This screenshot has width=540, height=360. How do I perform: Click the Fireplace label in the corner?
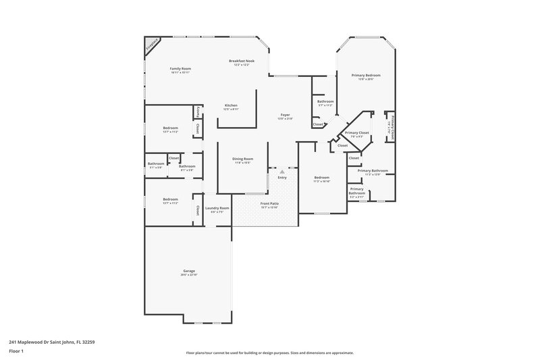(x=153, y=45)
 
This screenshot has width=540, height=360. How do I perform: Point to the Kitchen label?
(x=231, y=106)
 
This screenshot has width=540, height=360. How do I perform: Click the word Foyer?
(x=286, y=115)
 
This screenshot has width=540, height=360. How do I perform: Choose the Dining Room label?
(x=242, y=159)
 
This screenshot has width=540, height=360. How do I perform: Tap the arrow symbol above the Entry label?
(x=282, y=172)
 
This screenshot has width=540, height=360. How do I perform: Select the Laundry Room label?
(x=217, y=208)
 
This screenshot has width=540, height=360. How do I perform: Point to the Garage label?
(x=188, y=272)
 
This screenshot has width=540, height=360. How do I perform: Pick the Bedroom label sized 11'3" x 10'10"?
(x=321, y=178)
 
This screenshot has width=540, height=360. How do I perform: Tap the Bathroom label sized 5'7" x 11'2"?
(x=325, y=101)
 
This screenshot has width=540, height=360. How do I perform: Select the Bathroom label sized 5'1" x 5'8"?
(x=156, y=163)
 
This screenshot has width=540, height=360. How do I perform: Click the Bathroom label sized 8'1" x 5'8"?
(x=186, y=167)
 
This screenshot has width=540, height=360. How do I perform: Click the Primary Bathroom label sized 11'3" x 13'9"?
(x=373, y=171)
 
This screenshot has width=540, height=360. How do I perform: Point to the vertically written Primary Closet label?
(x=394, y=126)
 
